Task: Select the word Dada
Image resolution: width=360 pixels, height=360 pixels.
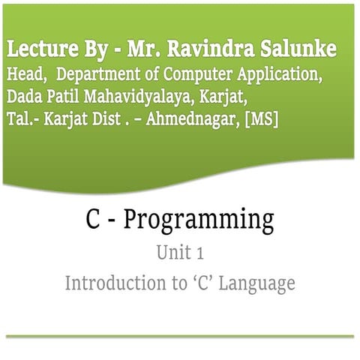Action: pos(24,97)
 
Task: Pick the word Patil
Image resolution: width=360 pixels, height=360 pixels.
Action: pos(66,97)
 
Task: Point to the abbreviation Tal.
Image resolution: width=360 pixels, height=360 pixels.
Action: pos(22,120)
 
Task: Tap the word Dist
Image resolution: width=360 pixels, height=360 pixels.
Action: pos(105,120)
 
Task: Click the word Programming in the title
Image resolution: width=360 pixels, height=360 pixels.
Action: pos(199,221)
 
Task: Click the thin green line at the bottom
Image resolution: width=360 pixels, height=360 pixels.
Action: pos(180,337)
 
